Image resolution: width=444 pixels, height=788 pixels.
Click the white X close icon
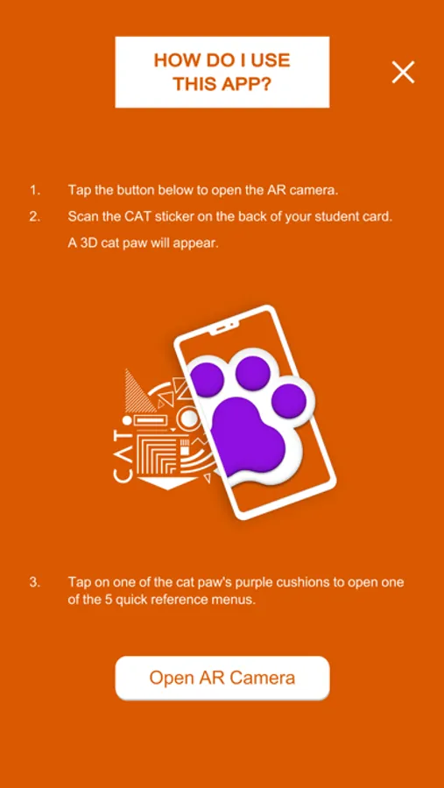(403, 72)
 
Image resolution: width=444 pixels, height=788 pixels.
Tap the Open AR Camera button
(222, 678)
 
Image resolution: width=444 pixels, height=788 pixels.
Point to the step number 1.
(34, 191)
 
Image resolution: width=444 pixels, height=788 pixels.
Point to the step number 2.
(34, 217)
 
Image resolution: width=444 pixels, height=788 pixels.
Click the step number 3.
(34, 583)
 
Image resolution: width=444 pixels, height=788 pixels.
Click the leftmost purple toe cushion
(206, 379)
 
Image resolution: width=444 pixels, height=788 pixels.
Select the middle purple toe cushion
(253, 373)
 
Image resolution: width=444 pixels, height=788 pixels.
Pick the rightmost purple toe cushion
(289, 400)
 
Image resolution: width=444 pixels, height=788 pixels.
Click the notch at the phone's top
(226, 328)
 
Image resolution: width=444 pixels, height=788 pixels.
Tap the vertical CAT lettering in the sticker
(123, 456)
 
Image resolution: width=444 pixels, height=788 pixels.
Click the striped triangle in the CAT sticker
(137, 393)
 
